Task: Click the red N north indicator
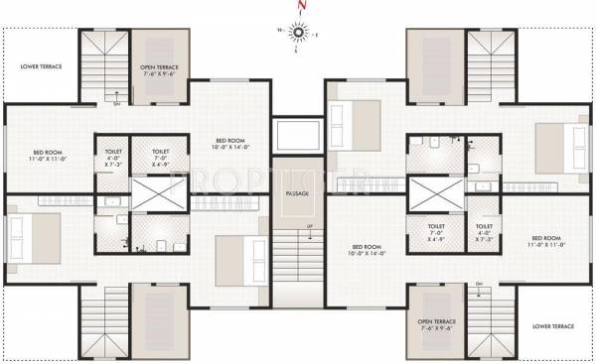[296, 12]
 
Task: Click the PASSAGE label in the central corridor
[297, 193]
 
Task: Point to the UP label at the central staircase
[310, 227]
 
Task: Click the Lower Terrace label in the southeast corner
[551, 325]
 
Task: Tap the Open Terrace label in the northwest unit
[158, 69]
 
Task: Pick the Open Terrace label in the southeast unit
[437, 325]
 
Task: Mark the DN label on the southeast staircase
[479, 285]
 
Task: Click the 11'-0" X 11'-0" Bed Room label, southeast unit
[548, 242]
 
